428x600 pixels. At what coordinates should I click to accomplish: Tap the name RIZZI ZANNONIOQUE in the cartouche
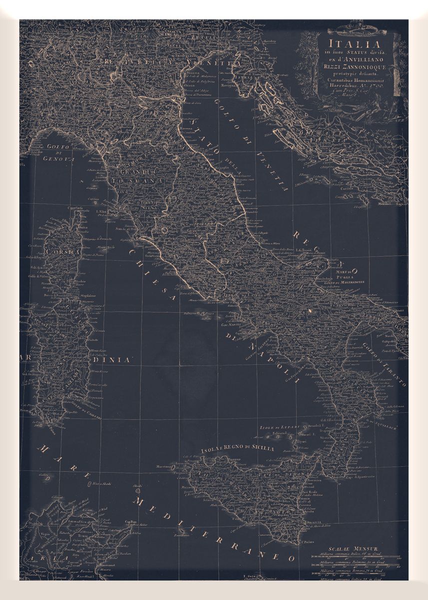[x=352, y=63]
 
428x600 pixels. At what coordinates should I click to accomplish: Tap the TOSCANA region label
[x=129, y=178]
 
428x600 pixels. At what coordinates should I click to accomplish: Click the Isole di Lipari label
[x=280, y=428]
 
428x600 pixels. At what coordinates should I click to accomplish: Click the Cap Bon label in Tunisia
[x=131, y=522]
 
